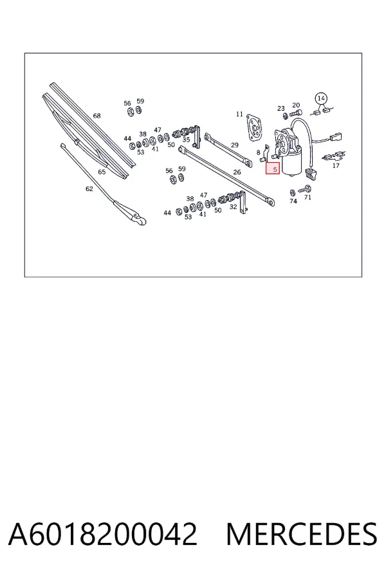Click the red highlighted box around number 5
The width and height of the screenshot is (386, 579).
tap(273, 169)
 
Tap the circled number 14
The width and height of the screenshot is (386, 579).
tap(321, 98)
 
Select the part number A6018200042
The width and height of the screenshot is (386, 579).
tap(103, 534)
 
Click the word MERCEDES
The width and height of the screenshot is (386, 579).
tap(302, 534)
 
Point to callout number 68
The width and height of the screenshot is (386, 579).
tap(96, 116)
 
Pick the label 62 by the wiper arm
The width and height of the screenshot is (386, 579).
tap(89, 188)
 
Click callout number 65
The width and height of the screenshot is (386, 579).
tap(102, 172)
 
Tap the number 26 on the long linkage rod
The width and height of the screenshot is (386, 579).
tap(237, 172)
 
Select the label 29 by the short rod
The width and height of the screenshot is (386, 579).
tap(235, 145)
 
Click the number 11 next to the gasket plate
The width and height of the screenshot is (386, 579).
tap(239, 114)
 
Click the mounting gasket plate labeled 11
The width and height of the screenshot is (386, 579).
tap(255, 127)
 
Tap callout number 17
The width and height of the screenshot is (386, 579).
tap(336, 165)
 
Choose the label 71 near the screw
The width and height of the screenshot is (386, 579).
tap(308, 198)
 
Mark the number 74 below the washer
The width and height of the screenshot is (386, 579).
tap(293, 201)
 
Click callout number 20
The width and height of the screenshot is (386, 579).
tap(296, 106)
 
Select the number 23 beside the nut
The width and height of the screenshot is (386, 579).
tap(281, 108)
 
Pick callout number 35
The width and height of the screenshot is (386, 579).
tap(186, 140)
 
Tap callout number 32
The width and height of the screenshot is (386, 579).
tap(233, 207)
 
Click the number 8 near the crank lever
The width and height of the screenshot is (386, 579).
tap(258, 152)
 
